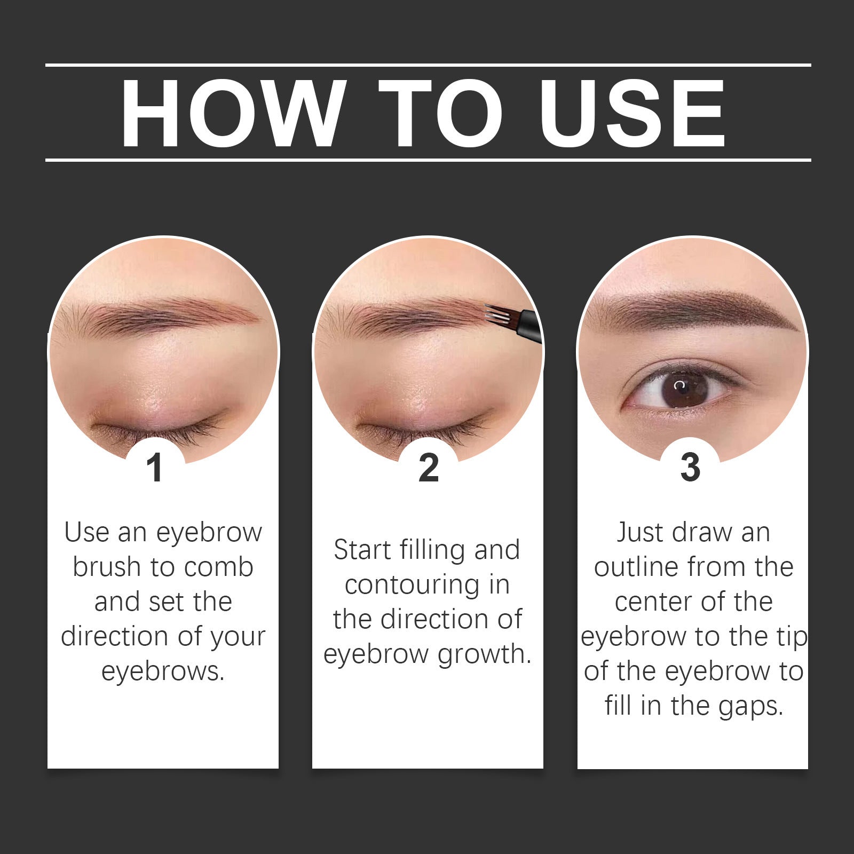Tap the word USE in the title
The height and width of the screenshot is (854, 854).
tap(632, 113)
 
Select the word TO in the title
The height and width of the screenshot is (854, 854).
tap(441, 113)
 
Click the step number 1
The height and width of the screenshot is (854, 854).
tap(155, 468)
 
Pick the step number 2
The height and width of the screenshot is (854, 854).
tap(429, 468)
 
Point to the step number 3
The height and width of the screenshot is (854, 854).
tap(690, 467)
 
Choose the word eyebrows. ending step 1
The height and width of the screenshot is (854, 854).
tap(163, 671)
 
